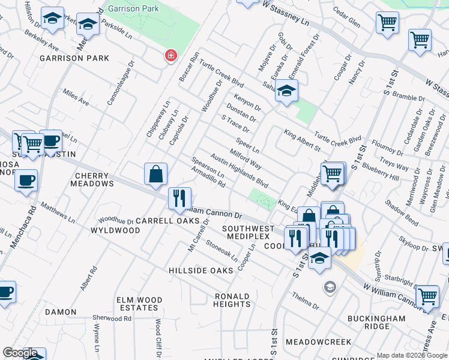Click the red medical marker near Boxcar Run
pyautogui.click(x=171, y=56)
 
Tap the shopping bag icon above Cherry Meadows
pyautogui.click(x=155, y=174)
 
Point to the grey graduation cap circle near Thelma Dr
pyautogui.click(x=328, y=287)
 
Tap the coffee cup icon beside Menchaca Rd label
pyautogui.click(x=25, y=181)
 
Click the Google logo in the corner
pyautogui.click(x=19, y=353)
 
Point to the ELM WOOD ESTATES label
pyautogui.click(x=129, y=303)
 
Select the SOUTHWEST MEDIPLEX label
pyautogui.click(x=248, y=233)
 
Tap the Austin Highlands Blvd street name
pyautogui.click(x=239, y=170)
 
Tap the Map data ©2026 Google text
pyautogui.click(x=411, y=355)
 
